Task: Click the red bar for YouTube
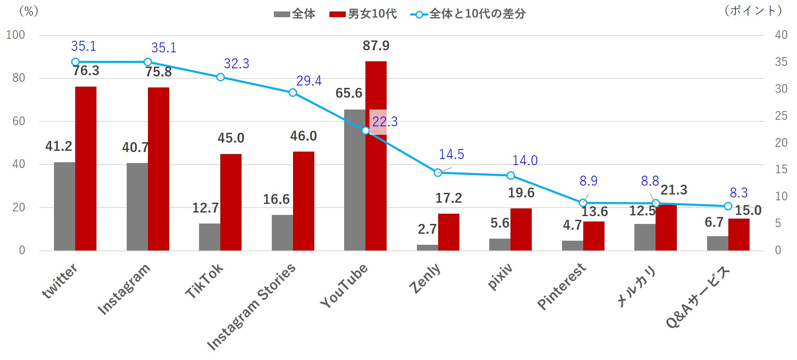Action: [x=376, y=184]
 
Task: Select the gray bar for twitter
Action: [x=65, y=206]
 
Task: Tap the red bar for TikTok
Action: [x=231, y=202]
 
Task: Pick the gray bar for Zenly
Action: [x=427, y=248]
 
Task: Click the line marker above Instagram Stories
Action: [x=293, y=93]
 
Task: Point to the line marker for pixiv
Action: [x=510, y=176]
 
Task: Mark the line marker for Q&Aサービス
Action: [x=728, y=206]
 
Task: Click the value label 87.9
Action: [x=376, y=46]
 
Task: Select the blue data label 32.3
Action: [x=236, y=64]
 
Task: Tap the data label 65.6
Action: [x=349, y=93]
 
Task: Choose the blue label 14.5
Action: [x=451, y=154]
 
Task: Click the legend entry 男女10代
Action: [x=363, y=14]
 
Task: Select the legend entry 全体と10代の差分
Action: [x=468, y=14]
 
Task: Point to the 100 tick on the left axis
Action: [x=16, y=35]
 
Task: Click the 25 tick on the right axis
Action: [x=781, y=116]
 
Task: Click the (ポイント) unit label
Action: [x=753, y=11]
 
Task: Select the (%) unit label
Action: [x=29, y=11]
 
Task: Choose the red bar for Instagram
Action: [x=159, y=169]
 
